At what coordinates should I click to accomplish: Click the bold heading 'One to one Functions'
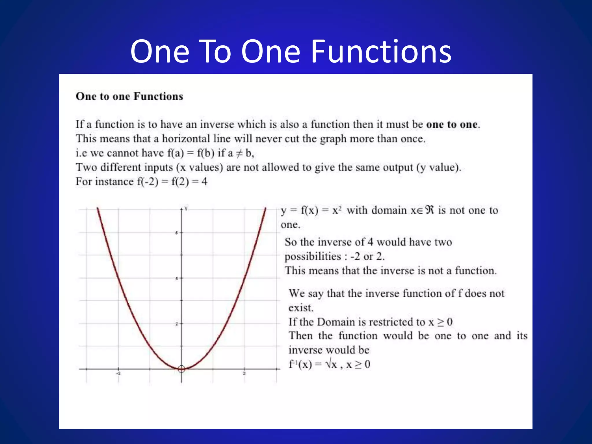pyautogui.click(x=129, y=96)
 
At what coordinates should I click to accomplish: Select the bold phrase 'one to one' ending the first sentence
pyautogui.click(x=452, y=124)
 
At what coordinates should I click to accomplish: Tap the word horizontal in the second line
pyautogui.click(x=186, y=139)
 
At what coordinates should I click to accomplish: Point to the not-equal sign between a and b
pyautogui.click(x=239, y=153)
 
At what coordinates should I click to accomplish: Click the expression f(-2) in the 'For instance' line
pyautogui.click(x=148, y=182)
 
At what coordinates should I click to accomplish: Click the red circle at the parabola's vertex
pyautogui.click(x=181, y=369)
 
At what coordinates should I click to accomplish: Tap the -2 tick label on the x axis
pyautogui.click(x=118, y=373)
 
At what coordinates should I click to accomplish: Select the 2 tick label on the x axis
pyautogui.click(x=244, y=373)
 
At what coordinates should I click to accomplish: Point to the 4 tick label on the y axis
pyautogui.click(x=177, y=278)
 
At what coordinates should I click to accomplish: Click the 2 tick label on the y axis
pyautogui.click(x=177, y=324)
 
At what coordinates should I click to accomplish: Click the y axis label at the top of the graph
pyautogui.click(x=186, y=208)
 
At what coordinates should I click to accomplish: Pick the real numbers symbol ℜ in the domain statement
pyautogui.click(x=430, y=210)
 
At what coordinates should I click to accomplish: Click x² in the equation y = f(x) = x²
pyautogui.click(x=337, y=210)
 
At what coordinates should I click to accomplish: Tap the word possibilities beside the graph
pyautogui.click(x=313, y=256)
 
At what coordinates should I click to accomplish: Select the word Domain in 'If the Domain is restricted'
pyautogui.click(x=336, y=322)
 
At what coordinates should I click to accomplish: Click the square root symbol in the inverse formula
pyautogui.click(x=328, y=364)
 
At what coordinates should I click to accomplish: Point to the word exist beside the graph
pyautogui.click(x=300, y=308)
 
